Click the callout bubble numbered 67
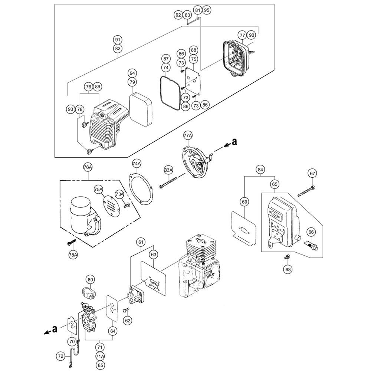(x=312, y=173)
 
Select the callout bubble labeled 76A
(x=88, y=168)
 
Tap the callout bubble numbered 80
(x=91, y=279)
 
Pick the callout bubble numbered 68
(x=288, y=269)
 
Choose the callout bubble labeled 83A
(x=168, y=170)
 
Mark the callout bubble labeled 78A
(x=73, y=255)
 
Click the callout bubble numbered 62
(x=127, y=320)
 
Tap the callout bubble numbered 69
(x=244, y=202)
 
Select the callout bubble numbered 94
(x=132, y=73)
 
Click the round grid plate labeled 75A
(x=112, y=205)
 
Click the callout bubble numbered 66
(x=311, y=232)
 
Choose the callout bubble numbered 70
(x=72, y=340)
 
